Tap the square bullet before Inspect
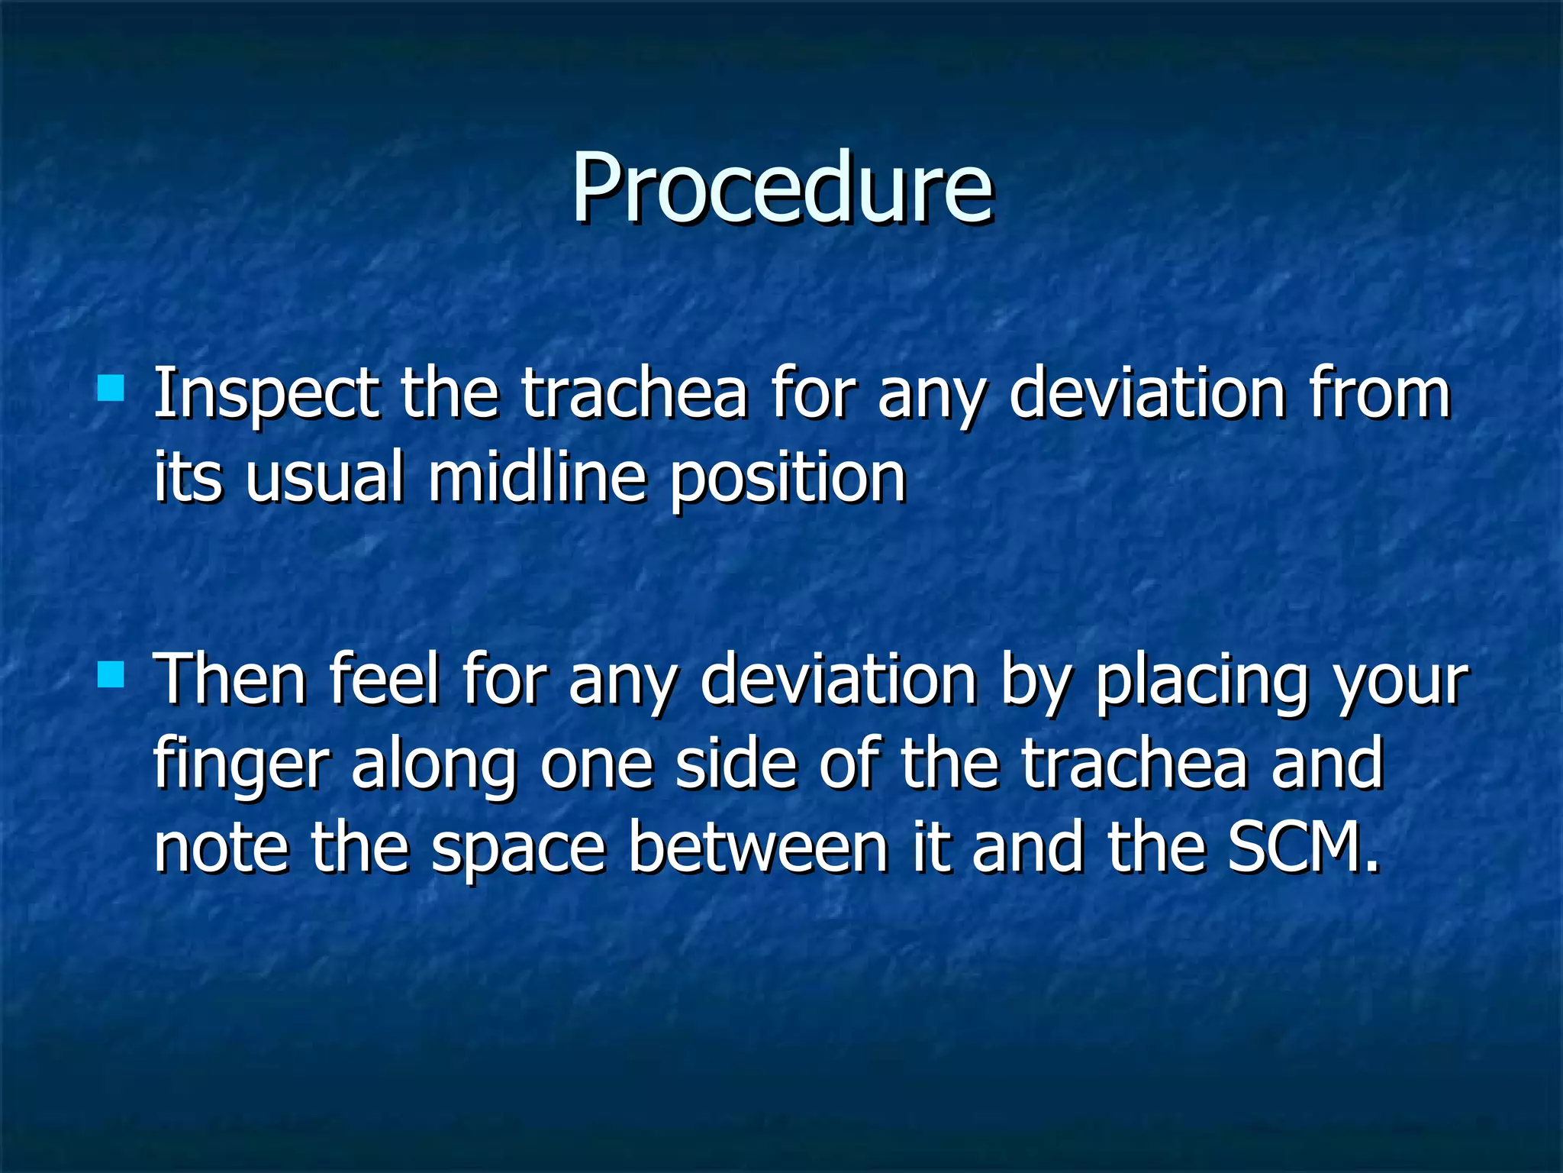[111, 388]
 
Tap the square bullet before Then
[111, 674]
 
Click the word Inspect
[266, 396]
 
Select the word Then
[230, 680]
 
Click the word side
[736, 764]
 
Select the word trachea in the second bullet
[1135, 764]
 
